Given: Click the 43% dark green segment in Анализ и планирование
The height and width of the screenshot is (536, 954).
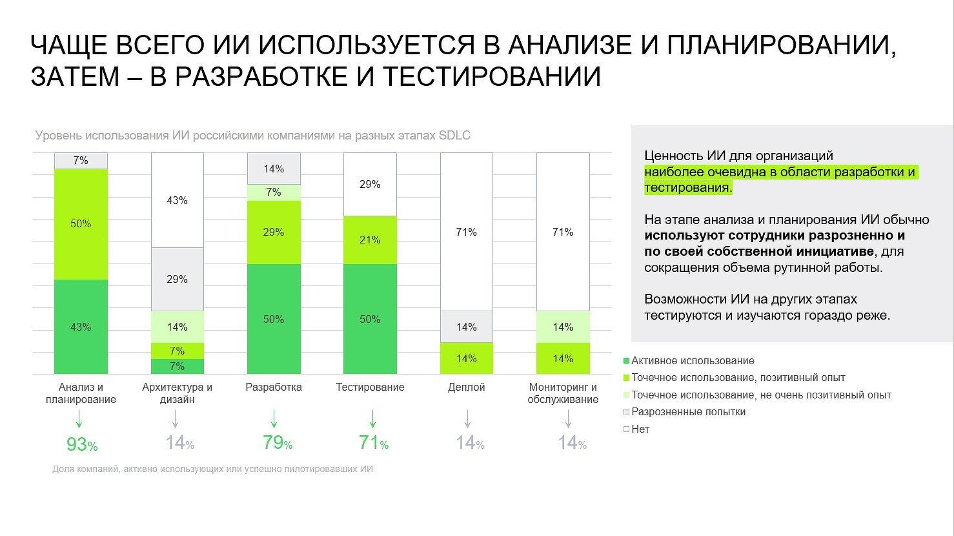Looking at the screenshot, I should click(x=81, y=327).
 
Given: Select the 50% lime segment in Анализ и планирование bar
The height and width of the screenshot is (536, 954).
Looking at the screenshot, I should click(x=81, y=223).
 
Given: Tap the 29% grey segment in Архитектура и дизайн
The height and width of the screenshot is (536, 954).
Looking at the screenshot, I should click(x=177, y=279).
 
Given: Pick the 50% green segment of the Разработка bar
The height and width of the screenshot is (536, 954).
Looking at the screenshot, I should click(x=274, y=319).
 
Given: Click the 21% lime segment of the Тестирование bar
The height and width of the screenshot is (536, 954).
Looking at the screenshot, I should click(x=370, y=240).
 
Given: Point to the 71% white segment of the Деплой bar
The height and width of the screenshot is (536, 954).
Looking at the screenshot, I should click(x=466, y=232).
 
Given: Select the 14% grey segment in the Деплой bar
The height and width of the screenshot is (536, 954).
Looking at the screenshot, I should click(x=466, y=327).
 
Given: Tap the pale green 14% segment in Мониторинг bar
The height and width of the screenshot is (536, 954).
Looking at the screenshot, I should click(x=563, y=327).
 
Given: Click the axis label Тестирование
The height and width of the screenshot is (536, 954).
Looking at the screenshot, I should click(x=370, y=387).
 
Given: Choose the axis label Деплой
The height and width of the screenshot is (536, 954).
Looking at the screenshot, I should click(x=466, y=387).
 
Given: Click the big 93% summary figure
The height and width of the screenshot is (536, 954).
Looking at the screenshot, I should click(x=81, y=444).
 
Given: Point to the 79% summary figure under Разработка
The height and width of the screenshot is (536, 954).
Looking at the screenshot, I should click(x=277, y=443).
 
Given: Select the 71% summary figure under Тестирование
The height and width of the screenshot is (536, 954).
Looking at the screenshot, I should click(x=373, y=443).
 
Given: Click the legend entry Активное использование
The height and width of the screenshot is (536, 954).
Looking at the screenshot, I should click(x=692, y=361).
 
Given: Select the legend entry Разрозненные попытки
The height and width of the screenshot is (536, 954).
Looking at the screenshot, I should click(x=688, y=412).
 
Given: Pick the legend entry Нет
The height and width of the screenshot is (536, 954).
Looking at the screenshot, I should click(x=640, y=429).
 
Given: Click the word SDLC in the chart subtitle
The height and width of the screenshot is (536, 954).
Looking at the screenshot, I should click(x=454, y=136).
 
